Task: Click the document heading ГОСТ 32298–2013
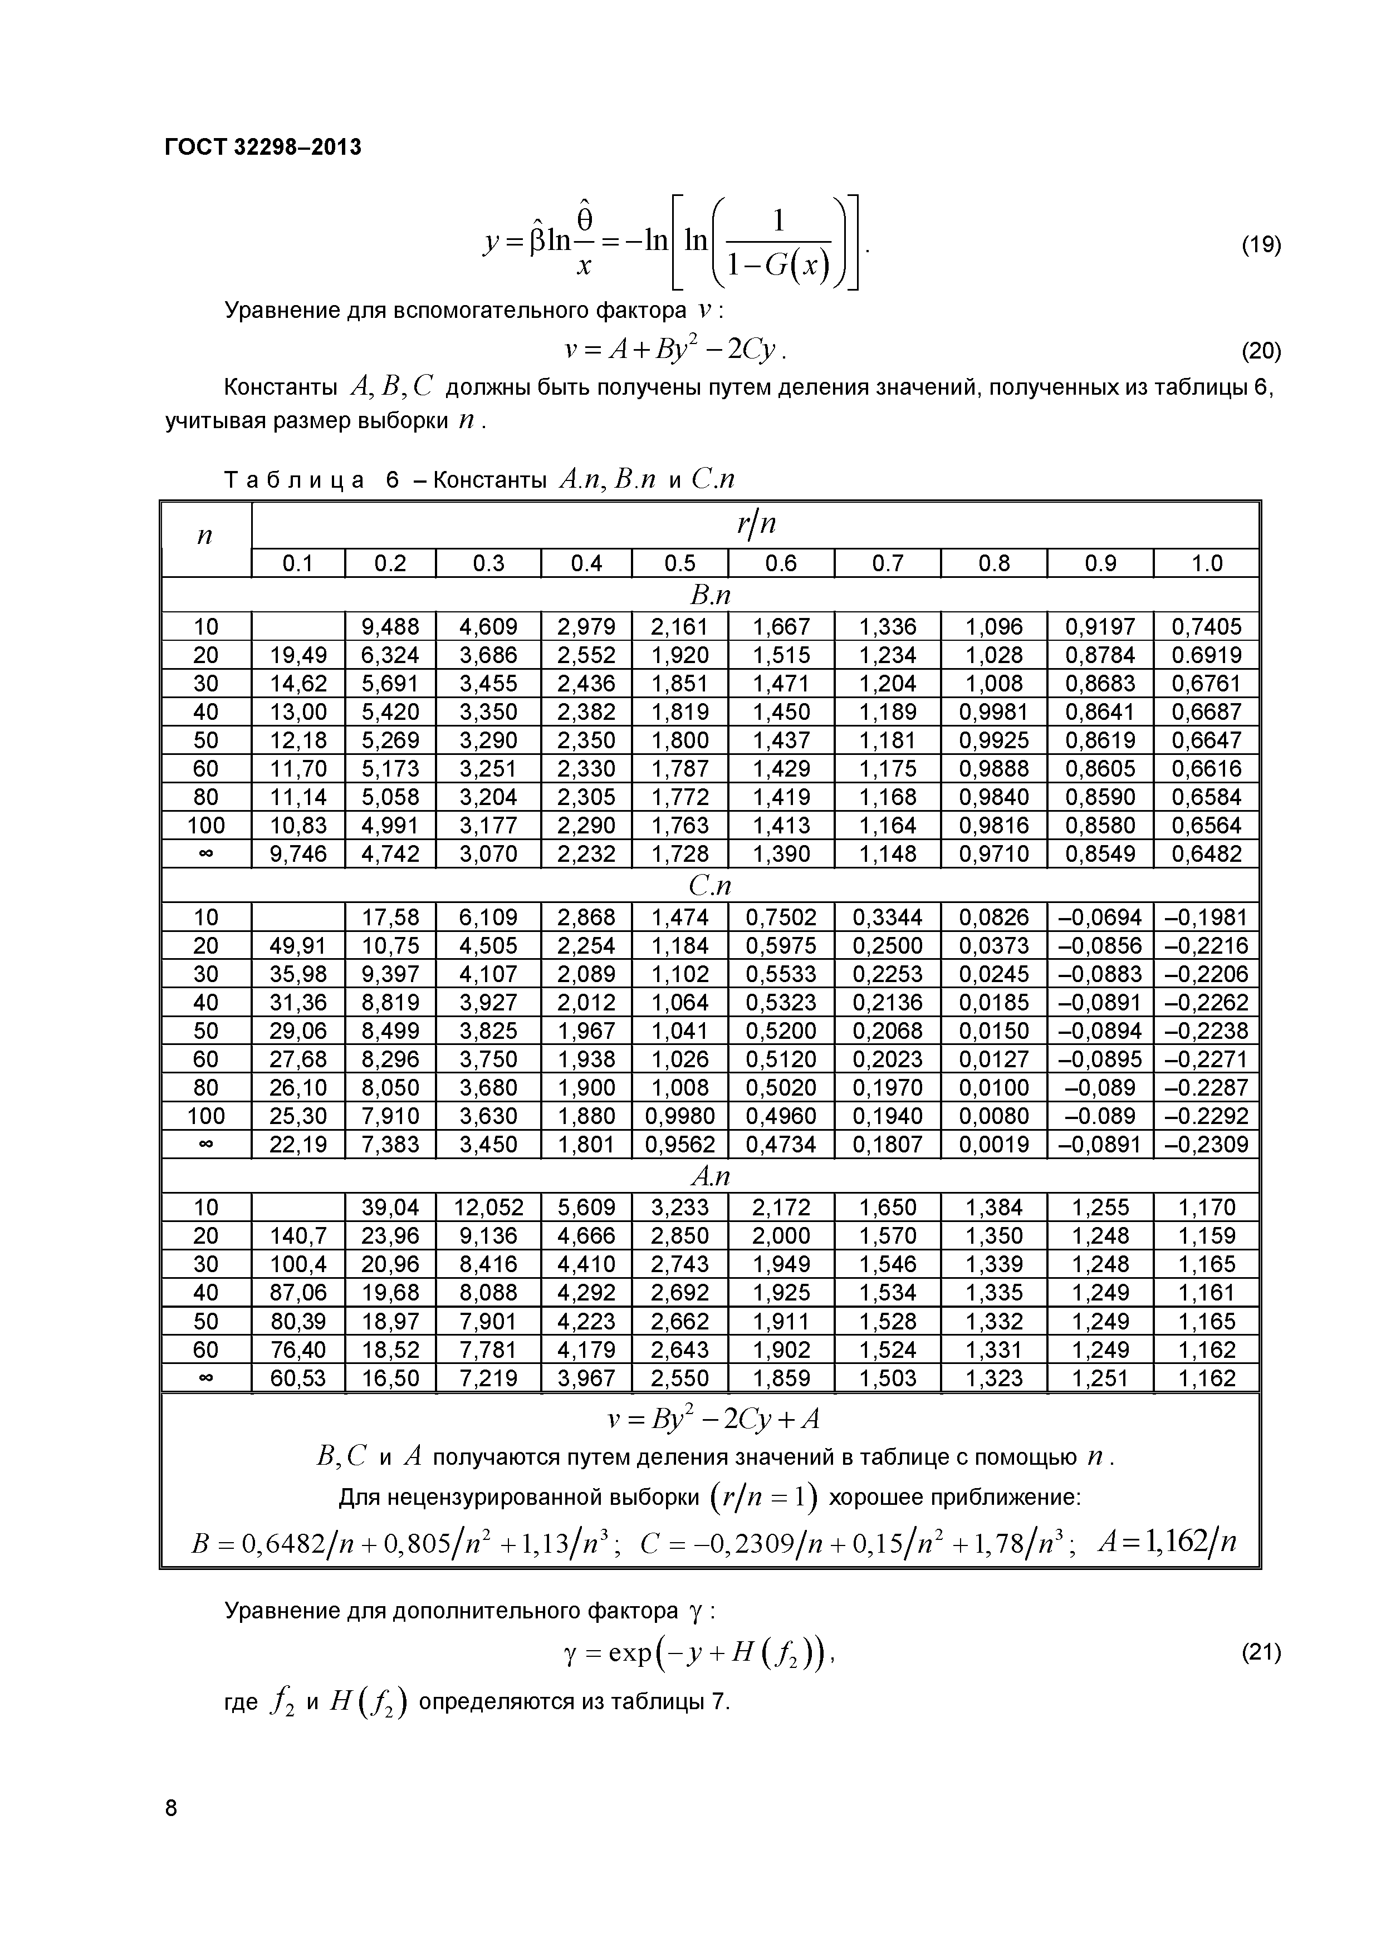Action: (262, 147)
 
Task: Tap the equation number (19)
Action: (1260, 245)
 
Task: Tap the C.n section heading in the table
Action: (709, 886)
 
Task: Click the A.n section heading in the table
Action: (709, 1176)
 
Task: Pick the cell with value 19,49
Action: (298, 655)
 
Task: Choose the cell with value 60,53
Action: (298, 1377)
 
